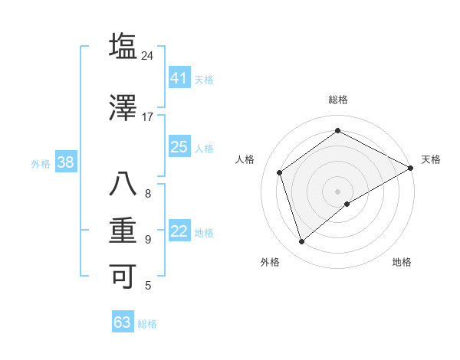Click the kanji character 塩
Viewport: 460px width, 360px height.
[123, 46]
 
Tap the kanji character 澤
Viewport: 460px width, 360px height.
[123, 107]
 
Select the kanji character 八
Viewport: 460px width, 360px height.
[123, 185]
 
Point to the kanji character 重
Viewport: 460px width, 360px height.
[123, 231]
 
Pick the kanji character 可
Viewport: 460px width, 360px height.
[123, 276]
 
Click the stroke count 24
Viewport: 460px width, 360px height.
[148, 56]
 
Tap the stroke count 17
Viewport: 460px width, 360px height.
[148, 117]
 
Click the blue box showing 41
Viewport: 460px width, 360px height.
[179, 77]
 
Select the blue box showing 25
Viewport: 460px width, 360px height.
[179, 147]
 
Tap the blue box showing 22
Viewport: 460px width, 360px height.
[179, 231]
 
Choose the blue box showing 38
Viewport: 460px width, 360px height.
[65, 162]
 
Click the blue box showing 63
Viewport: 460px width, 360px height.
[122, 322]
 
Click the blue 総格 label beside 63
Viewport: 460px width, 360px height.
[147, 324]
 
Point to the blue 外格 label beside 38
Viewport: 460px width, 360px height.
[41, 163]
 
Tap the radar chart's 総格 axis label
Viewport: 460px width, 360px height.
[337, 100]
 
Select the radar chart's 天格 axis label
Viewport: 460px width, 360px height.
[431, 159]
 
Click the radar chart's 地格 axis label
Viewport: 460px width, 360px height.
[402, 262]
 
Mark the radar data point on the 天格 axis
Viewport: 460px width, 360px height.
[410, 168]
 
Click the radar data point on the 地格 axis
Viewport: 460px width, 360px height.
[347, 204]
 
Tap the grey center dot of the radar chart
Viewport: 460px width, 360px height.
[337, 191]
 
